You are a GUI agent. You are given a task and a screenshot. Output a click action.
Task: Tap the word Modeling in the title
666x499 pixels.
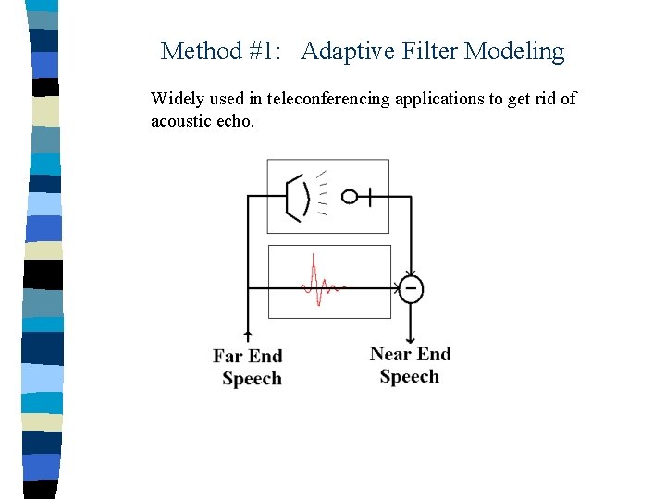(514, 51)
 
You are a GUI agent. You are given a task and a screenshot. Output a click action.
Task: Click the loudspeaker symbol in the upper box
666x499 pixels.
(297, 196)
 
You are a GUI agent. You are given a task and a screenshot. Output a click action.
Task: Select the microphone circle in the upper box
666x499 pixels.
(350, 196)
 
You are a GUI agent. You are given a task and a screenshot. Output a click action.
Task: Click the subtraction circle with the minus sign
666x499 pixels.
(411, 288)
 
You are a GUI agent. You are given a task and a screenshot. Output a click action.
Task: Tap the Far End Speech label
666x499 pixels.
(249, 367)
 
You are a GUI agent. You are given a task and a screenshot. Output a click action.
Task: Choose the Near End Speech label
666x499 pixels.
(410, 365)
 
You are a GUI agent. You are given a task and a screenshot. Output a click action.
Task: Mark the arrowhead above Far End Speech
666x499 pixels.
(248, 335)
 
